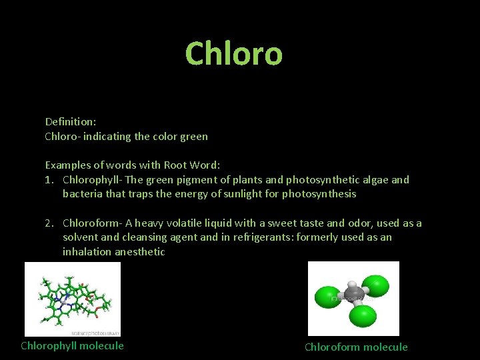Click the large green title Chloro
click(x=233, y=53)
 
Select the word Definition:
click(x=71, y=121)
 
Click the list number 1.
click(x=49, y=179)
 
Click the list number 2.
click(x=49, y=223)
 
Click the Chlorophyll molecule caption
click(x=72, y=345)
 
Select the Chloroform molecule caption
click(x=356, y=347)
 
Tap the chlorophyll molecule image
click(x=73, y=299)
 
